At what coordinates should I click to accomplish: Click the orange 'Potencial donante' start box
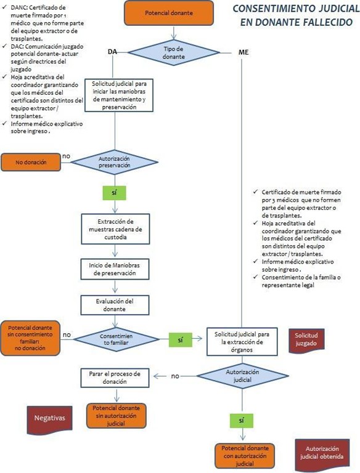pos(169,13)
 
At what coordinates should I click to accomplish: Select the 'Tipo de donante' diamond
pos(174,53)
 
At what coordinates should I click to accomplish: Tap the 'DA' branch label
pos(112,52)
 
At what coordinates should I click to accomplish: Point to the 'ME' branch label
pos(243,52)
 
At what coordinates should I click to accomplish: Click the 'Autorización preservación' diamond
pos(115,162)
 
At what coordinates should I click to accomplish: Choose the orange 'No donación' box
pos(31,163)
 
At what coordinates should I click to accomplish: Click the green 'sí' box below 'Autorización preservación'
pos(114,193)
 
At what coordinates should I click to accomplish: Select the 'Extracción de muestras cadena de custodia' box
pos(115,229)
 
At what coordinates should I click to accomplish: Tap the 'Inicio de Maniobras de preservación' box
pos(115,269)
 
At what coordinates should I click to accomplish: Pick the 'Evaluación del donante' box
pos(115,305)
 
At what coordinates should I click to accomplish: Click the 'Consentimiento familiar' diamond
pos(117,339)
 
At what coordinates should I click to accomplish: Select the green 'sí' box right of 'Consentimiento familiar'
pos(180,340)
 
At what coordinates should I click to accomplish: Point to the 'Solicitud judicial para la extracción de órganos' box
pos(242,342)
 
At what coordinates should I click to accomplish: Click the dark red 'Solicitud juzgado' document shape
pos(306,340)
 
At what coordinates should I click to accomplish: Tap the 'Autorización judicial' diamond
pos(242,376)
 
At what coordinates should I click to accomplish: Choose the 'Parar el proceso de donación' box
pos(115,378)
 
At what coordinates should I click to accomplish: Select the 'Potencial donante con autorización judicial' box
pos(245,456)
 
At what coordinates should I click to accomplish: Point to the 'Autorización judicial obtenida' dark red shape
pos(322,453)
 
